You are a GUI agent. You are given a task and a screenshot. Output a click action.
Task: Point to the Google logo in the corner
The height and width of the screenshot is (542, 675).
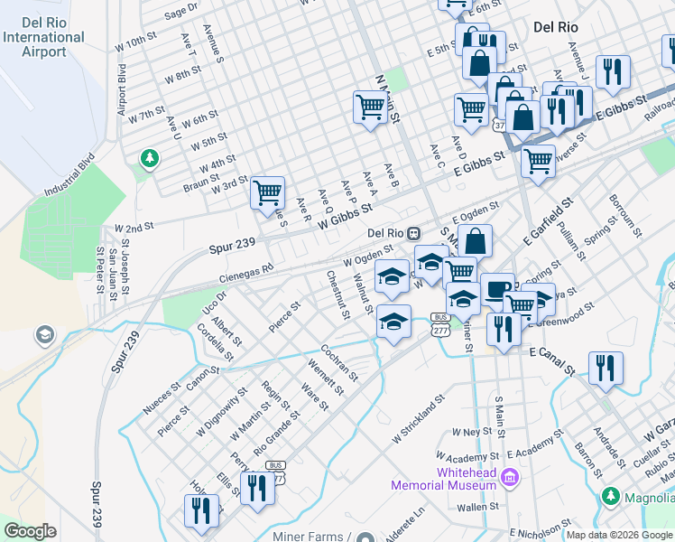(30, 531)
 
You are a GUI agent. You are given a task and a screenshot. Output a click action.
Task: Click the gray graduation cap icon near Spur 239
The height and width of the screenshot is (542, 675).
(43, 337)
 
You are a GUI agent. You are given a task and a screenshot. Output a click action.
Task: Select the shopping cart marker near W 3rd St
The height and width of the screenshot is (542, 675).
(267, 192)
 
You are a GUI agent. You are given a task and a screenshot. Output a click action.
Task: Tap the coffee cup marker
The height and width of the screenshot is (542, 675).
(496, 289)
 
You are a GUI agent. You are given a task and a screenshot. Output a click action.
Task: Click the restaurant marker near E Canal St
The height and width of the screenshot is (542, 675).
(605, 368)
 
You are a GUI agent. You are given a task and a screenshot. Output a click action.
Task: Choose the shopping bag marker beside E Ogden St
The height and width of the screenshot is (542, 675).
(476, 241)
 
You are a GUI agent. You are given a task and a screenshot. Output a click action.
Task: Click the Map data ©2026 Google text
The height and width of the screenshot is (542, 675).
(619, 535)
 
